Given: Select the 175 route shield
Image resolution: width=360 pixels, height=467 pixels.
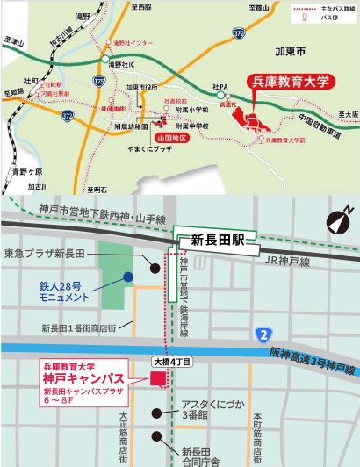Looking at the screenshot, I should tap(98, 82).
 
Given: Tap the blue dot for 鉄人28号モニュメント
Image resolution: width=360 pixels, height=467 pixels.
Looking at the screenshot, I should tap(128, 277).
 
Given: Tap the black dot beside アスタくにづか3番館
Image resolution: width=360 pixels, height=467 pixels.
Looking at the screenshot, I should tap(157, 410).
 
